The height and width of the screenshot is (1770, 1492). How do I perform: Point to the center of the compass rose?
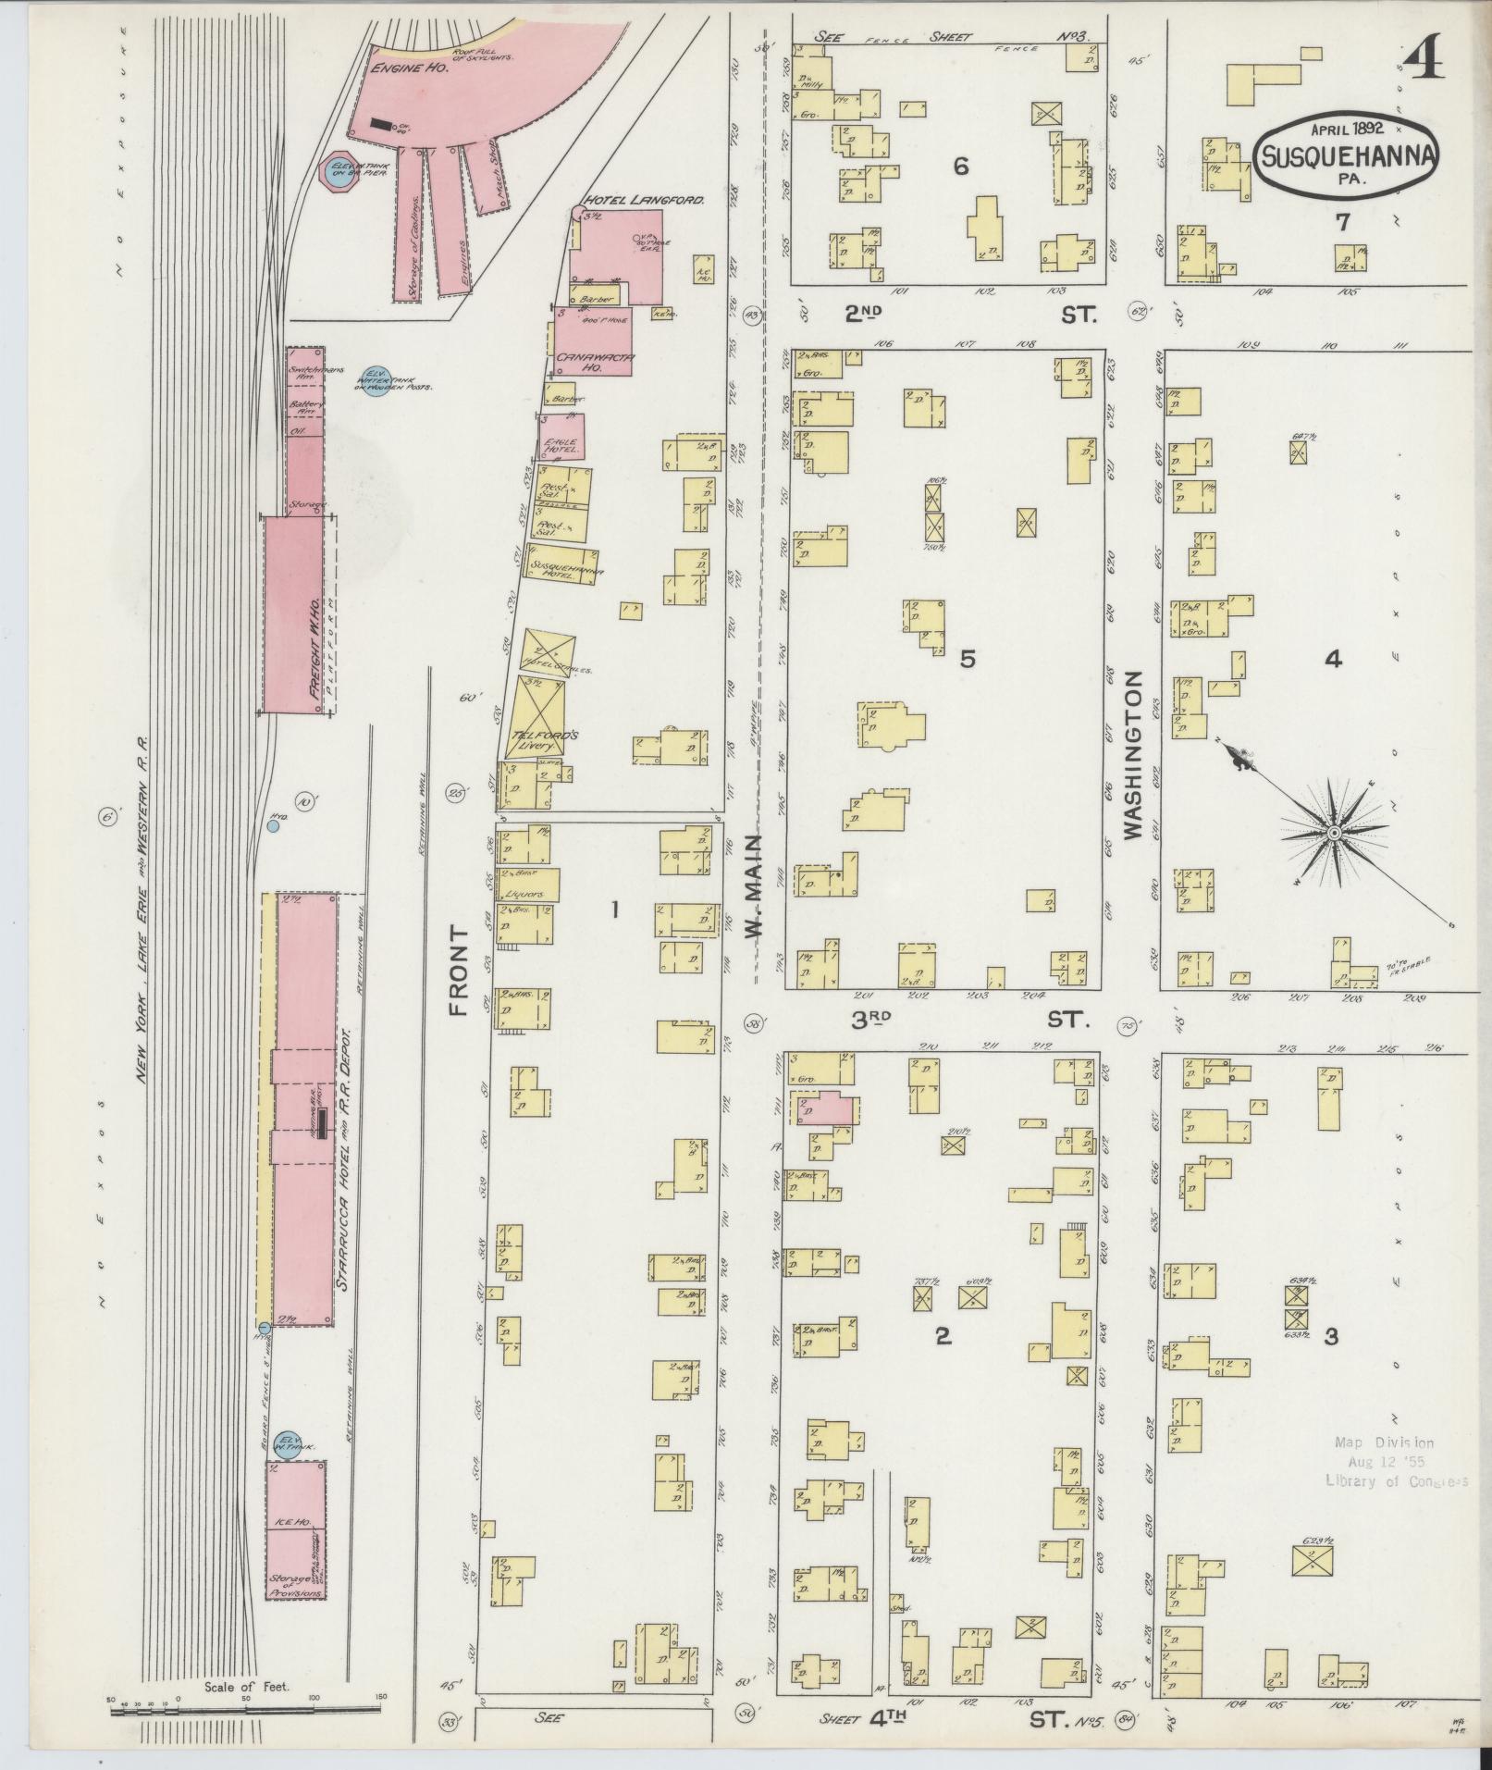pos(1334,834)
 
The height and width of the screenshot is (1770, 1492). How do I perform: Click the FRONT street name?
pos(460,972)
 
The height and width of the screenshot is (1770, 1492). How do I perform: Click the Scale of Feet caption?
pos(251,1686)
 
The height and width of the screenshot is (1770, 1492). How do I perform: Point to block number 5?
pos(967,659)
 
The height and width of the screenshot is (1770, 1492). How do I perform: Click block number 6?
pos(961,167)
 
